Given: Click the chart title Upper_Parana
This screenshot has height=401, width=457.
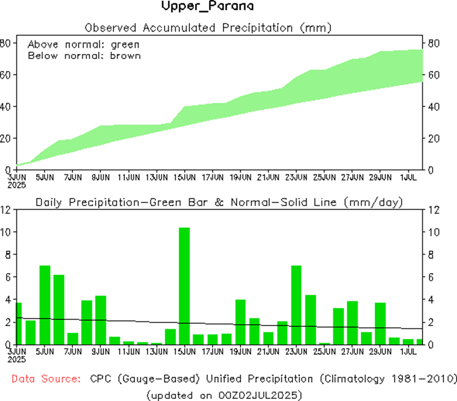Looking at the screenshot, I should point(207,7).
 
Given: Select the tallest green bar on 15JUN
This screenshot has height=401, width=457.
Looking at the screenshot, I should point(184,286).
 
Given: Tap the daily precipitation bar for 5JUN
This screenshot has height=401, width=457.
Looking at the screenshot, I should point(45,305).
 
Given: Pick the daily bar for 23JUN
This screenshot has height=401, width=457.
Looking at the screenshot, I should point(296,305).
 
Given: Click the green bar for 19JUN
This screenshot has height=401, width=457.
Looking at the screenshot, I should point(240,322).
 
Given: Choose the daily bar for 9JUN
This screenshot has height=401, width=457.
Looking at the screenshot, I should point(101,320).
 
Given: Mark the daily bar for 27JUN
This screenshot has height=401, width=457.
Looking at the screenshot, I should point(352,322).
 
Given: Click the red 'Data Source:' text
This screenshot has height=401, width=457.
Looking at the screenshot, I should point(46,379).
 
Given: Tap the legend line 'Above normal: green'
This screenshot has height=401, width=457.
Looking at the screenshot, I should point(83,44).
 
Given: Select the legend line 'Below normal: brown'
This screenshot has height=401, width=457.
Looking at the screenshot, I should point(84,56).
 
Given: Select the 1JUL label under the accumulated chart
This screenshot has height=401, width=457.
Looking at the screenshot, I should point(408,176).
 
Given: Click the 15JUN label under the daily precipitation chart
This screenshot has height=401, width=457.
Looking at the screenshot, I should point(185,351).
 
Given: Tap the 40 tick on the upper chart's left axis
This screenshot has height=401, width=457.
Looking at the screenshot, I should point(5,107).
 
